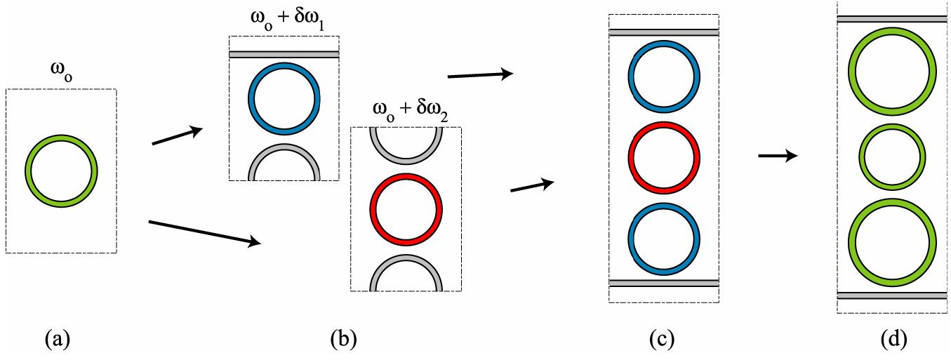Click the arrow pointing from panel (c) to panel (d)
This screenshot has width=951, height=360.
pos(778,156)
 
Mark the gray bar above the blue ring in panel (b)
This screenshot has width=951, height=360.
pos(284,54)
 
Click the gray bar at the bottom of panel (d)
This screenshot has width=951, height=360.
pos(893,295)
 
